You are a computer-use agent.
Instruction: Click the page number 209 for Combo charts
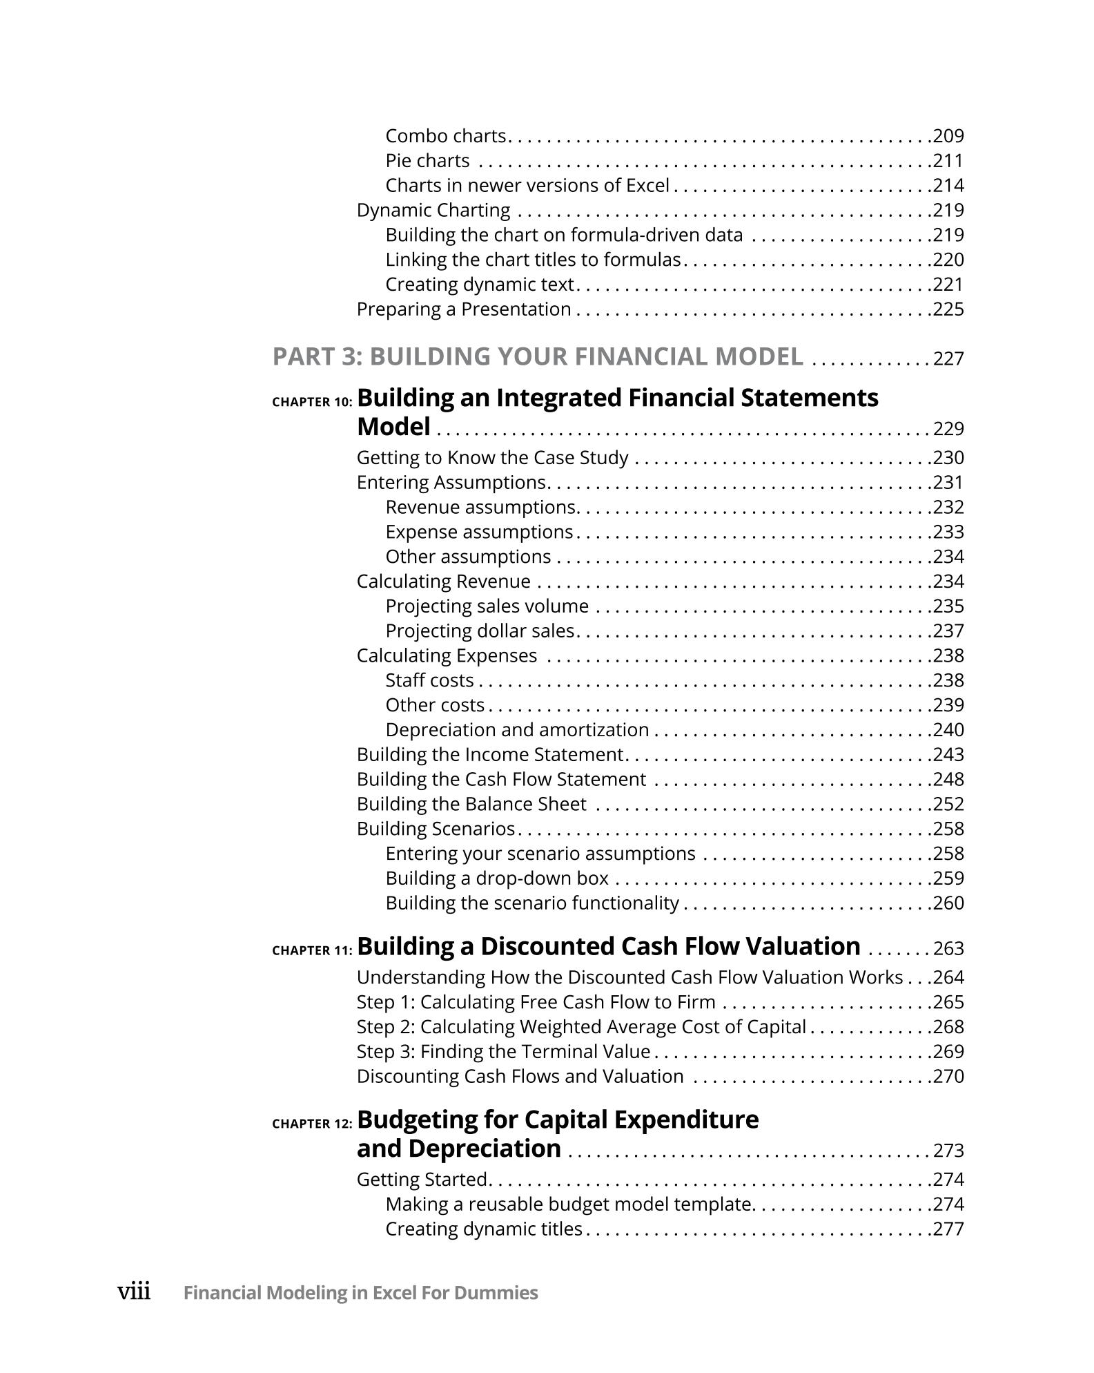pos(948,136)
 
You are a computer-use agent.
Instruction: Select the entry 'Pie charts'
pos(427,161)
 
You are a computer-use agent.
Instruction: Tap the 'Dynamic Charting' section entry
pos(433,211)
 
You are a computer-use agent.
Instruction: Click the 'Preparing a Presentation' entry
pos(464,309)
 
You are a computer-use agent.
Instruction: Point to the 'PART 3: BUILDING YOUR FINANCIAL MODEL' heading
pos(538,356)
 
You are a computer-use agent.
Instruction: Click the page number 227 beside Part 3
pos(948,359)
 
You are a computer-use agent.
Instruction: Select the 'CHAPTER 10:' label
pos(312,402)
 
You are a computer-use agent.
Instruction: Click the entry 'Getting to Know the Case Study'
pos(492,458)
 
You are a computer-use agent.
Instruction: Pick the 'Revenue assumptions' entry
pos(482,508)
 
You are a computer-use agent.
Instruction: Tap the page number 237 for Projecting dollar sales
pos(948,631)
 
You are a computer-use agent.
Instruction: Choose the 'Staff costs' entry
pos(429,681)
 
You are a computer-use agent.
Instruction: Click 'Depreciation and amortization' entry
pos(517,730)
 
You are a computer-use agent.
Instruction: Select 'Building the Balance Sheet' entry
pos(471,805)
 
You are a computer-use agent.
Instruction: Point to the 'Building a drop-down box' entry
pos(497,878)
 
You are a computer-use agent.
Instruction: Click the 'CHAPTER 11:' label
pos(312,951)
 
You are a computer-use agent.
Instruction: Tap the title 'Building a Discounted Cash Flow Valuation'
pos(608,946)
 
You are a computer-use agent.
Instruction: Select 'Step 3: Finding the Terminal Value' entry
pos(503,1052)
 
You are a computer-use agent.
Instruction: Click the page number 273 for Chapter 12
pos(948,1151)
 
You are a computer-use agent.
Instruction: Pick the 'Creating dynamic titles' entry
pos(483,1229)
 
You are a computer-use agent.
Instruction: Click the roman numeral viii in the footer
pos(134,1292)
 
